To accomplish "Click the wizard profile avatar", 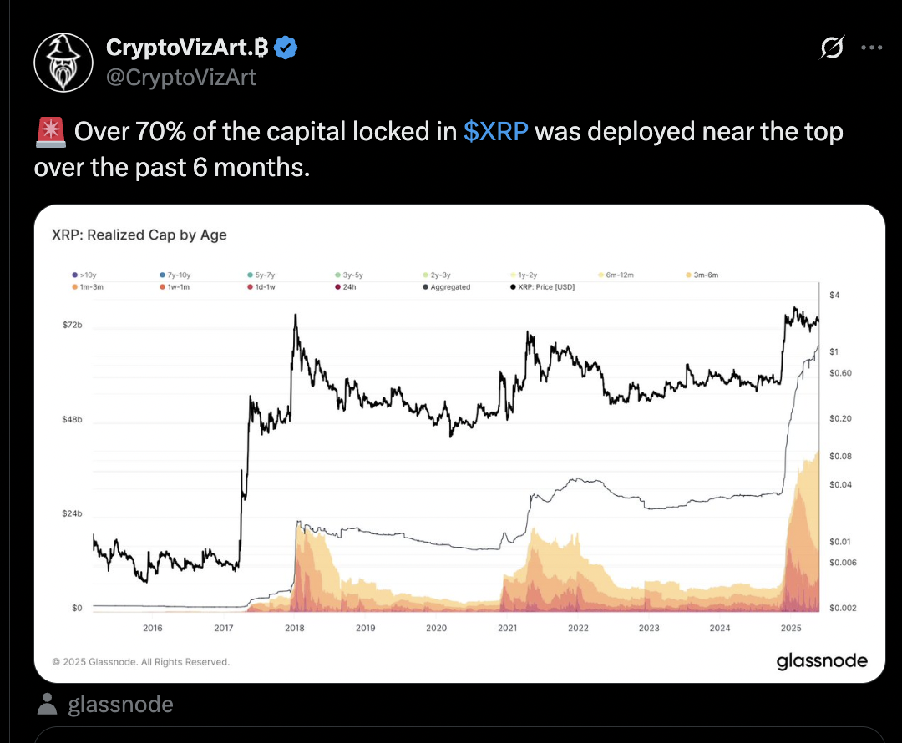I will (63, 63).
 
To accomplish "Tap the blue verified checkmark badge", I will (286, 48).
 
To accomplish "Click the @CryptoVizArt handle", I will (181, 78).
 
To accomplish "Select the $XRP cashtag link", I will (495, 132).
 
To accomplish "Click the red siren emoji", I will (49, 132).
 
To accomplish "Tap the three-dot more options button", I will (871, 48).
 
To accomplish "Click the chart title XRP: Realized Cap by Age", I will (139, 235).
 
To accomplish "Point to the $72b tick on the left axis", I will (73, 324).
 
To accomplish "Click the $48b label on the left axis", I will (73, 419).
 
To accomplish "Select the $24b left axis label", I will (73, 513).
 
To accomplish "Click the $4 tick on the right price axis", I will (834, 296).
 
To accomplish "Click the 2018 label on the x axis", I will (295, 628).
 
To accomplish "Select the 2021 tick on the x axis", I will (507, 628).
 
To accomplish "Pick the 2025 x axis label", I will (790, 628).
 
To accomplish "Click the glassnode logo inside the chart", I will (822, 661).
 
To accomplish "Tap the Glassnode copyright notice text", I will (140, 662).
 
